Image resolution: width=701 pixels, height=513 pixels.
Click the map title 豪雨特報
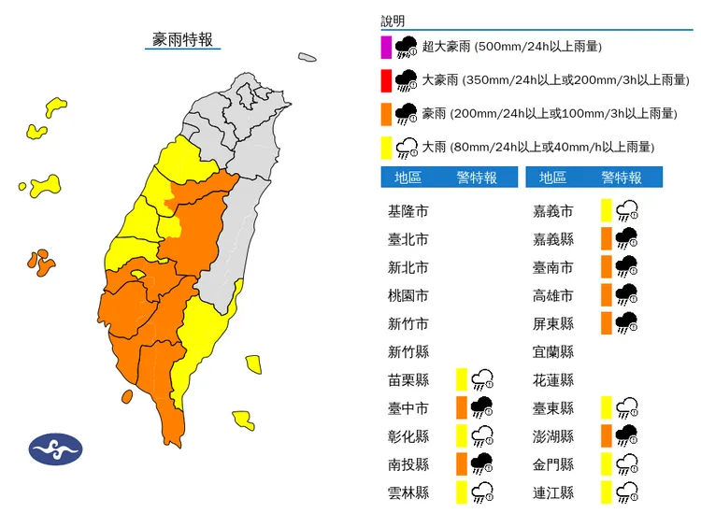(183, 39)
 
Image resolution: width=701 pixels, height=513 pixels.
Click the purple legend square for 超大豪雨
(385, 47)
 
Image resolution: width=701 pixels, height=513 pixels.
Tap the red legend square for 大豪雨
(385, 80)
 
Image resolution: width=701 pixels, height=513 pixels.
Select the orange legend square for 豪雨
(385, 114)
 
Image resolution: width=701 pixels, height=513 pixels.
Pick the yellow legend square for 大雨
(385, 147)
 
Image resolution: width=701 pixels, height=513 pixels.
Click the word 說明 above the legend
(394, 21)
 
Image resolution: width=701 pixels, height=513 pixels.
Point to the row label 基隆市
(408, 212)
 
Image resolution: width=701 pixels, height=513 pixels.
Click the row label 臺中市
(408, 408)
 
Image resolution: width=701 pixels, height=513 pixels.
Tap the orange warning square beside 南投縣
(461, 464)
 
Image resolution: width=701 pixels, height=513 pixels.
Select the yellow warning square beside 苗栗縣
(461, 379)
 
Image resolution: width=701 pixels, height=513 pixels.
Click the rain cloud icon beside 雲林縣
(482, 492)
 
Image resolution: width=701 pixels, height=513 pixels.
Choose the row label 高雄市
(552, 296)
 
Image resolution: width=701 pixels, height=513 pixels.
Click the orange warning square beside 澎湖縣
(607, 435)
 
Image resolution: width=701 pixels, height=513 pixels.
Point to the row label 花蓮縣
(552, 380)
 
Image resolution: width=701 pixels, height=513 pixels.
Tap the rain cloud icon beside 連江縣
(627, 492)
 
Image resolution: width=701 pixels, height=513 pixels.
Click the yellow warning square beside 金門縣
(607, 464)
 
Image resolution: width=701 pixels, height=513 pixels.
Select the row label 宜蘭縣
(552, 352)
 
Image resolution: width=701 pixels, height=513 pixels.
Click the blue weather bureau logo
(56, 449)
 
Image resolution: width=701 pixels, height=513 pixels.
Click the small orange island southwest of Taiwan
(126, 397)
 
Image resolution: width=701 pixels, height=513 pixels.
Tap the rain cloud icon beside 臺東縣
(627, 408)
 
